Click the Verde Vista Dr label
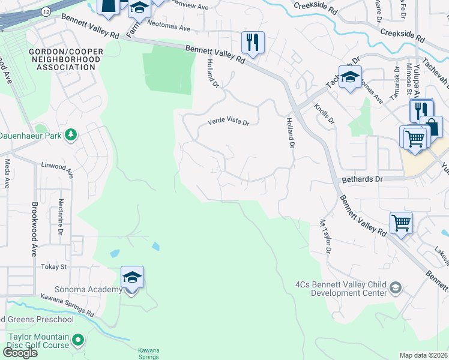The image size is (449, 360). click(228, 122)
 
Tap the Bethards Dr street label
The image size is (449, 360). click(362, 179)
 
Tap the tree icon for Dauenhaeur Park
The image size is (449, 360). click(71, 134)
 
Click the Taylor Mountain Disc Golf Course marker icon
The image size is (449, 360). click(77, 341)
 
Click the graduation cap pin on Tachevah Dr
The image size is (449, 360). click(350, 77)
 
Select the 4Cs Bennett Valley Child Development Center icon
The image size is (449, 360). click(396, 289)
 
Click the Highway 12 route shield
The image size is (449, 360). click(44, 10)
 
